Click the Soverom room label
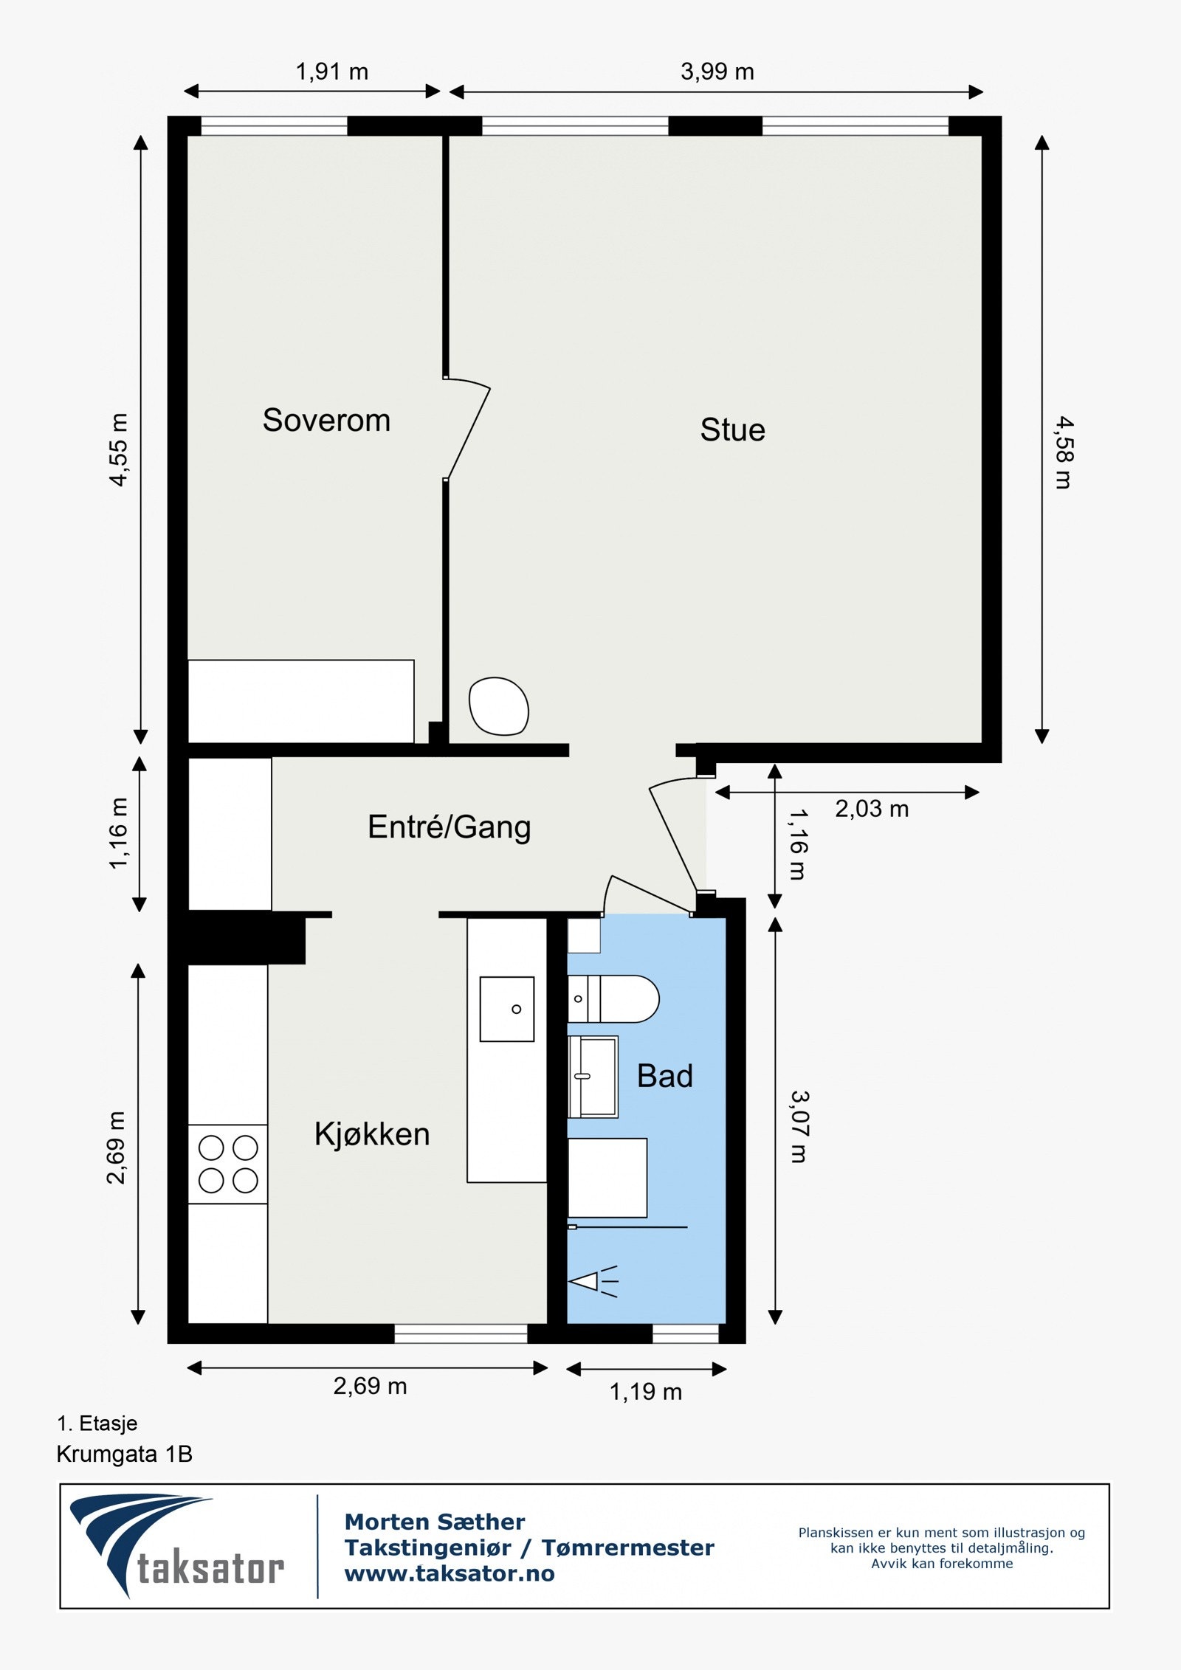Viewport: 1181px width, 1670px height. coord(326,421)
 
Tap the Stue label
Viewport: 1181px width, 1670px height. coord(732,430)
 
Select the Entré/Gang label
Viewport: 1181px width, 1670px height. coord(450,827)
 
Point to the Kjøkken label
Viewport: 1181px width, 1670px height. coord(372,1134)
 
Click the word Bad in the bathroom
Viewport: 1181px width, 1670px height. coord(665,1077)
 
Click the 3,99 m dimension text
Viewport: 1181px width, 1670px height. coord(717,72)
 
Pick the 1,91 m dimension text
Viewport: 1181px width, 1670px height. coord(332,72)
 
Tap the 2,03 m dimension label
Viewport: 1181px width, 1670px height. coord(872,810)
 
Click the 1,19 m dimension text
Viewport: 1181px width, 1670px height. coord(646,1393)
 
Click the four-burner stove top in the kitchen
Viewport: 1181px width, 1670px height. coord(228,1164)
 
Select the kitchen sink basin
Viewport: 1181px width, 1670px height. coord(507,1009)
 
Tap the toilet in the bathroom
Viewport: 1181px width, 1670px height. coord(613,999)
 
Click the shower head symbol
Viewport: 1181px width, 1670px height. coord(593,1282)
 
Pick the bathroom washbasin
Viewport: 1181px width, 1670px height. coord(593,1077)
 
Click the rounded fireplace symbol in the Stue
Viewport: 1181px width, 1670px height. coord(499,706)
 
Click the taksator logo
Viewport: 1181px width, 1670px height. coord(177,1546)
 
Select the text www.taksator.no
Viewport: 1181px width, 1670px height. coord(450,1574)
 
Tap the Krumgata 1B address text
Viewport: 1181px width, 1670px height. coord(125,1455)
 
